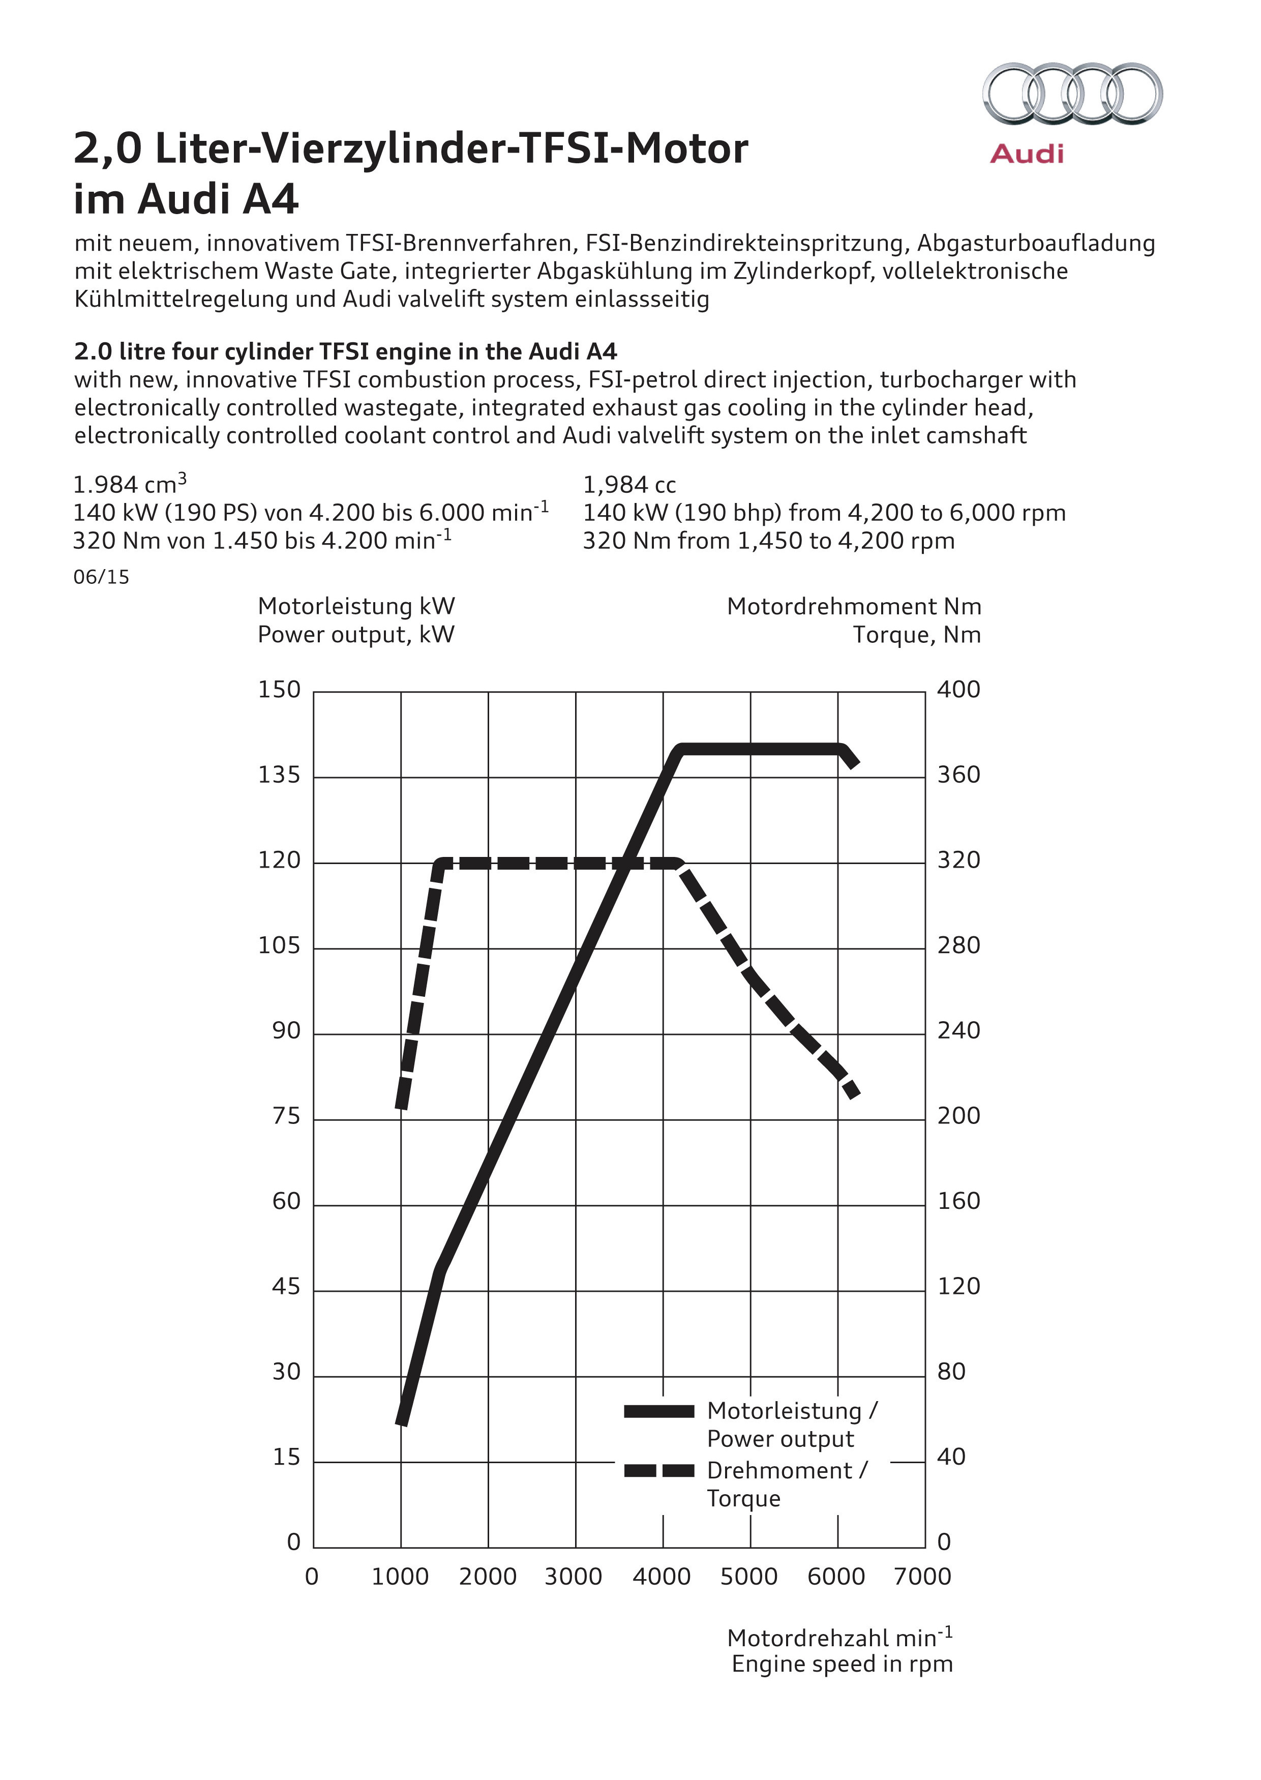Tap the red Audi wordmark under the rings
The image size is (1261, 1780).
pos(1026,154)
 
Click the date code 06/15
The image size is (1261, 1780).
pos(101,577)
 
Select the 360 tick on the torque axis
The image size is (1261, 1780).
pos(958,775)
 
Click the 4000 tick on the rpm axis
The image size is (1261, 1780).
pos(662,1577)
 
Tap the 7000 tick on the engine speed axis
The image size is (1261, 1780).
pos(922,1577)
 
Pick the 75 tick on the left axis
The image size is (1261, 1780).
pos(286,1117)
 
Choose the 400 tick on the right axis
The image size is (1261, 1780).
pos(958,690)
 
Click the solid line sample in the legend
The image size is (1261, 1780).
pos(658,1412)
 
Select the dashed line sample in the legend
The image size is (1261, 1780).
pos(658,1470)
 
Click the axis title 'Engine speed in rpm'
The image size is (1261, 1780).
pos(842,1664)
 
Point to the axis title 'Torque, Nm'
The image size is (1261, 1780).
pos(916,635)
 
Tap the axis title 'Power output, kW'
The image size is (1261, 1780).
pos(355,635)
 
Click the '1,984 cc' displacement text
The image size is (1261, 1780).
pos(629,485)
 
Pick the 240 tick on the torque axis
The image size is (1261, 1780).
pos(958,1031)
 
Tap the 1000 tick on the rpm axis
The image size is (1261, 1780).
pos(400,1577)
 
